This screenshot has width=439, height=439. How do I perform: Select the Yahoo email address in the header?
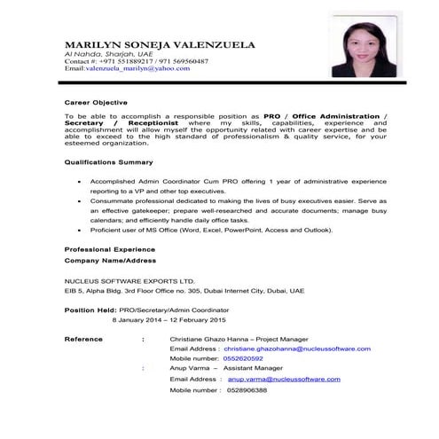128,68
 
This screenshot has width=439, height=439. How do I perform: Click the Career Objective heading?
97,101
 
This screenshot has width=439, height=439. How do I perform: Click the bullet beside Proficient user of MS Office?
81,230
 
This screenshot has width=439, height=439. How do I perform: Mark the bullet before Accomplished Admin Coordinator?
81,180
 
